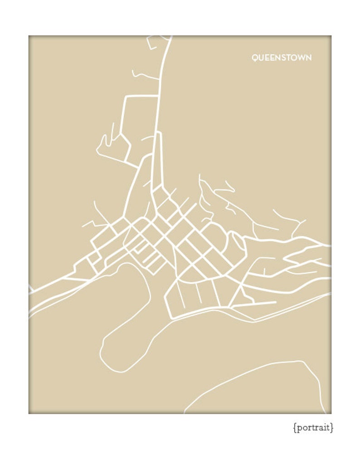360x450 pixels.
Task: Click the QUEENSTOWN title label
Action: [x=282, y=58]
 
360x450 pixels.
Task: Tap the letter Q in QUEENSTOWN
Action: [x=255, y=58]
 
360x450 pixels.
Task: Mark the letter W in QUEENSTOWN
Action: [x=302, y=58]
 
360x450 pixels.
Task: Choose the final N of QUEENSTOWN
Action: [x=309, y=58]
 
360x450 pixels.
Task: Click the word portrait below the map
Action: [x=313, y=428]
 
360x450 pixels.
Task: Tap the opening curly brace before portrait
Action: [x=294, y=428]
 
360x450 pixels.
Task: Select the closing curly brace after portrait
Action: [x=332, y=428]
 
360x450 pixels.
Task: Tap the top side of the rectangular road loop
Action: [x=141, y=96]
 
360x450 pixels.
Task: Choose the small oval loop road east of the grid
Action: [x=238, y=245]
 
